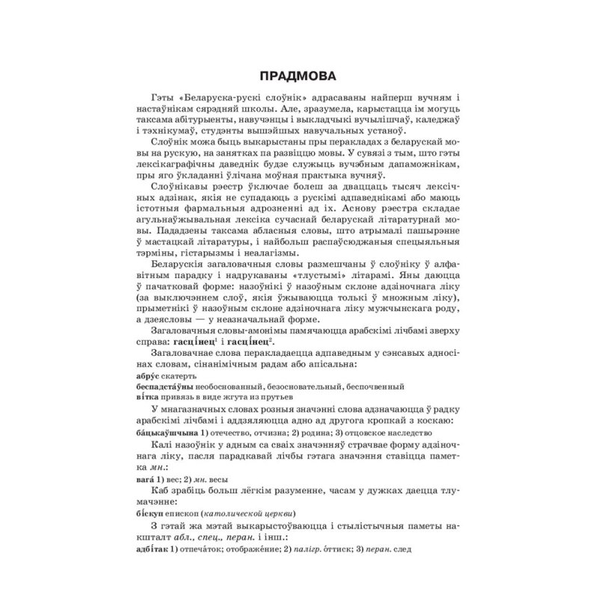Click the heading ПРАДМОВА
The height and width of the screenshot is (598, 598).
coord(299,76)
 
